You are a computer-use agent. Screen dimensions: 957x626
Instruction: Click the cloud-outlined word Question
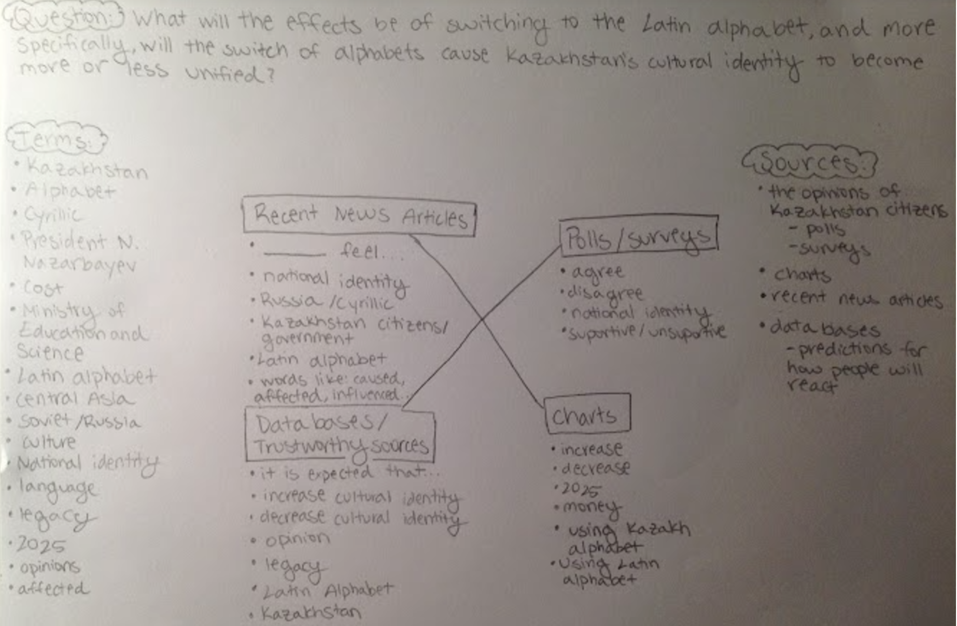pyautogui.click(x=63, y=18)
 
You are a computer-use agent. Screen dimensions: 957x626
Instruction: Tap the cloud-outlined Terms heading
pyautogui.click(x=55, y=139)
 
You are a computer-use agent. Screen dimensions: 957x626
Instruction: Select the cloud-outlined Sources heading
pyautogui.click(x=809, y=163)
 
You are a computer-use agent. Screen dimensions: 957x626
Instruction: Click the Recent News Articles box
pyautogui.click(x=359, y=216)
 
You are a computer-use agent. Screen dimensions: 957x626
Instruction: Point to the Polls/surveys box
pyautogui.click(x=639, y=236)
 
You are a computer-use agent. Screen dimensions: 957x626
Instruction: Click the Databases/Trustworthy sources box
pyautogui.click(x=340, y=435)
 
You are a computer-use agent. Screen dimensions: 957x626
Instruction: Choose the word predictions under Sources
pyautogui.click(x=843, y=350)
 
